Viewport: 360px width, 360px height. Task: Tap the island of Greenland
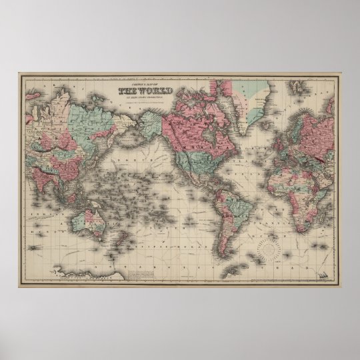point(257,100)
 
